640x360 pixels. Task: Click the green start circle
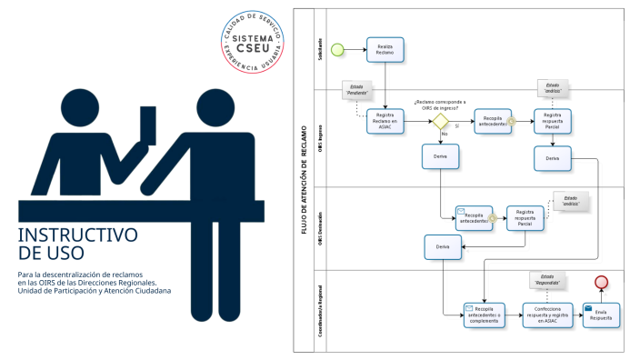pos(337,48)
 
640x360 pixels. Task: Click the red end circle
pos(601,282)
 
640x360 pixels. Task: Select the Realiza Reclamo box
pos(385,49)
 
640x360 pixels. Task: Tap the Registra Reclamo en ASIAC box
pos(385,121)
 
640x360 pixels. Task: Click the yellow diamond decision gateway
pos(440,121)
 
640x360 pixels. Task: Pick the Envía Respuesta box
pos(601,315)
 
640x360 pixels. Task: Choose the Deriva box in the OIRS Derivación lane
pos(443,246)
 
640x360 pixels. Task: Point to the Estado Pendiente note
pos(356,90)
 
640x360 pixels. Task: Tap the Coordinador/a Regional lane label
pos(320,310)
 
